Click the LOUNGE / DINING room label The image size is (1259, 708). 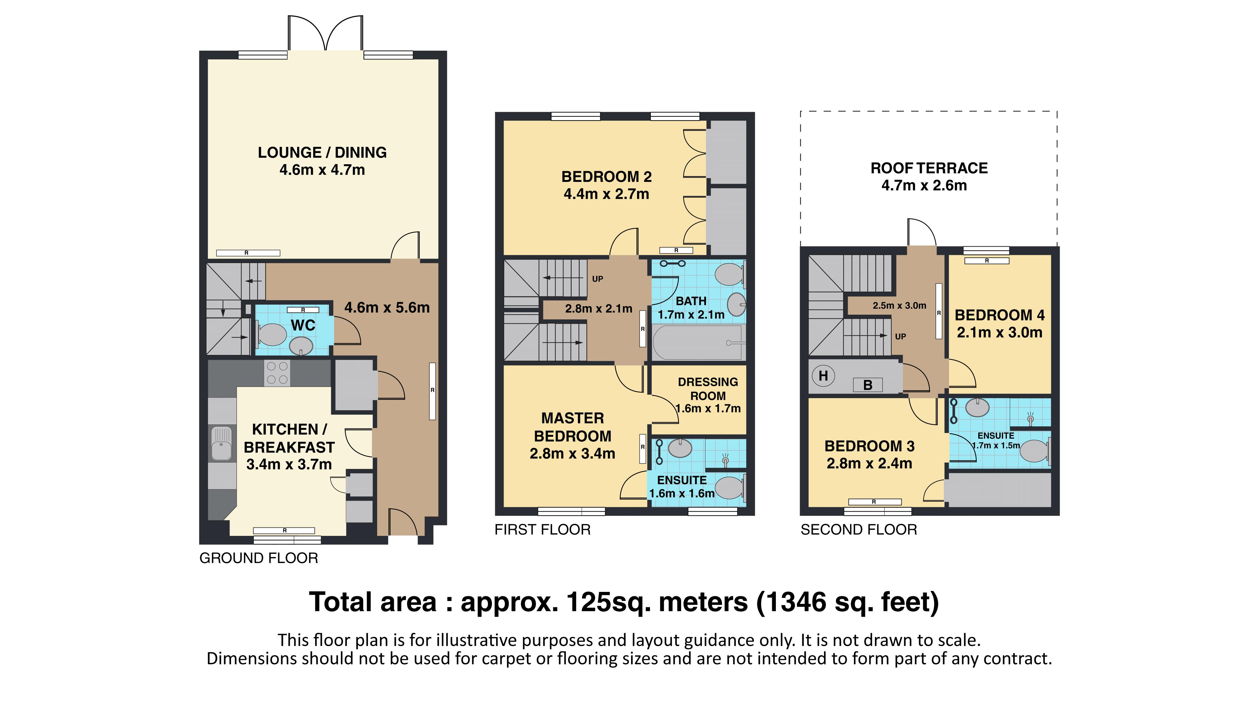pos(322,152)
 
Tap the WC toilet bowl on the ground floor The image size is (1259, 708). pos(270,335)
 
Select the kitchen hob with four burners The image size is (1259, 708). pos(277,373)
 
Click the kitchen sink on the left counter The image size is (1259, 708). pos(221,444)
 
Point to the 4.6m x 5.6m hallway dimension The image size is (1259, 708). pos(387,307)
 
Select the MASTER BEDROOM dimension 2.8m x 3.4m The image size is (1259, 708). pos(572,453)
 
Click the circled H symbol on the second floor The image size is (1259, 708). pos(823,376)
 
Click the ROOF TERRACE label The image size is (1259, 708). pos(929,168)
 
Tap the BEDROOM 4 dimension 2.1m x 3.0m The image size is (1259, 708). pos(999,332)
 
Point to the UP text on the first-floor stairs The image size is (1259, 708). pos(597,279)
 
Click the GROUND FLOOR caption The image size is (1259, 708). pos(258,558)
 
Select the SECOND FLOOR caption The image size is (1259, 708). pos(859,530)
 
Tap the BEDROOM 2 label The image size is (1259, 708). pos(607,177)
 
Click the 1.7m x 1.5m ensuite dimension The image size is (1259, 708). pos(996,446)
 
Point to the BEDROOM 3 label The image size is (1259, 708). pos(869,446)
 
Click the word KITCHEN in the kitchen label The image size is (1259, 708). pos(285,430)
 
